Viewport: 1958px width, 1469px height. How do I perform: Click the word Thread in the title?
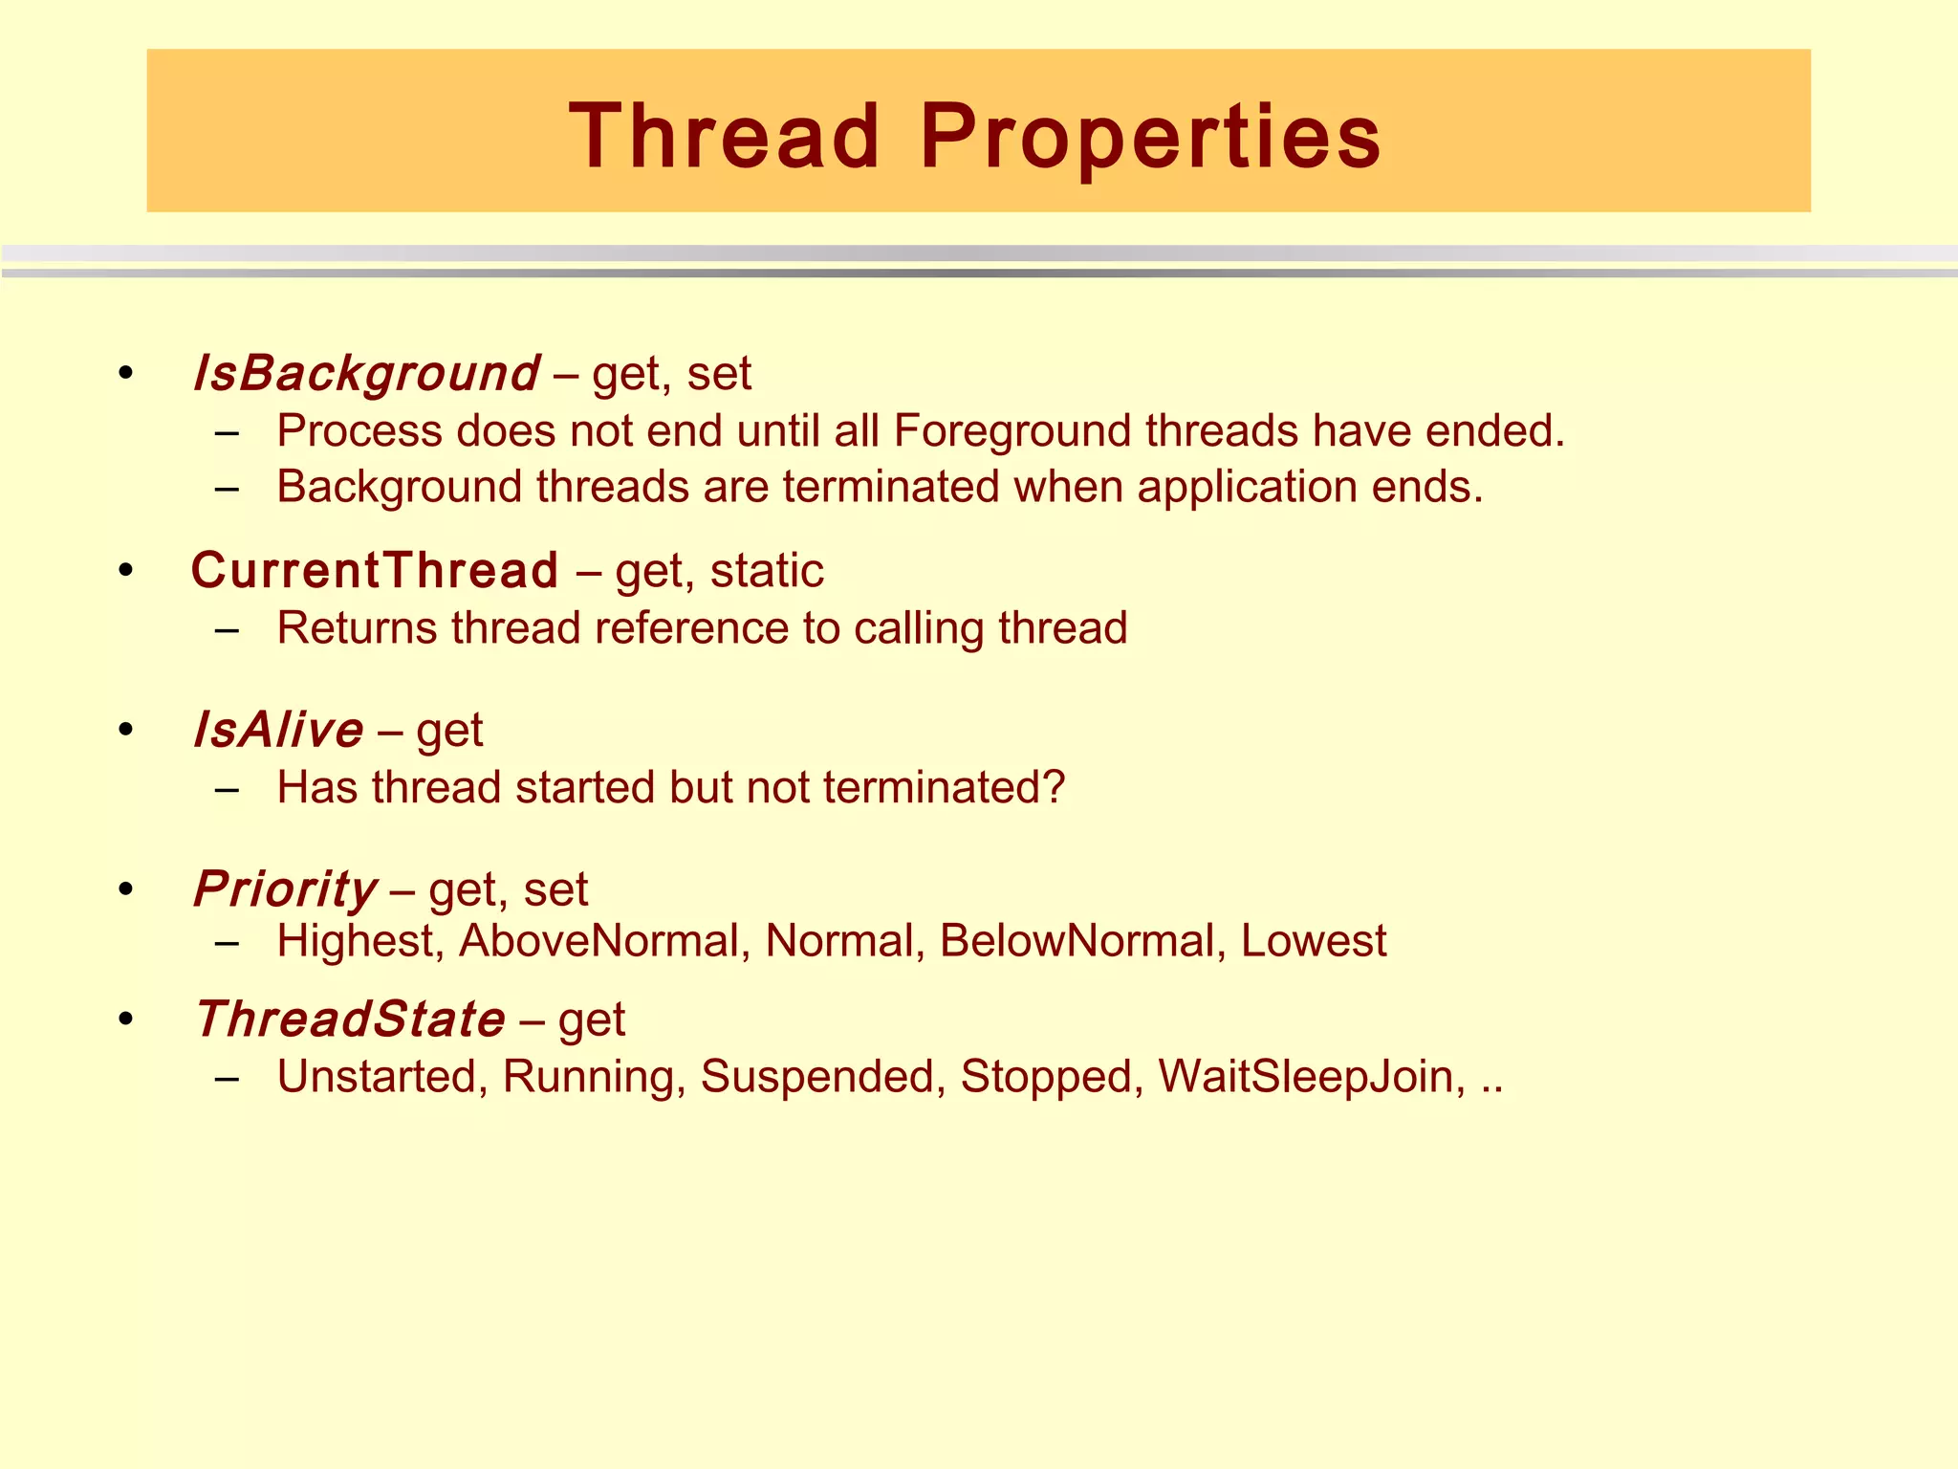724,137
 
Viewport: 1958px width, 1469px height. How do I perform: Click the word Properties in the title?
1150,137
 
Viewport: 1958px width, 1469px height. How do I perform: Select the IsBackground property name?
366,373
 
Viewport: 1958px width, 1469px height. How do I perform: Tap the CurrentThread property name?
375,571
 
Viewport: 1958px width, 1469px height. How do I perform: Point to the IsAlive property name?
278,731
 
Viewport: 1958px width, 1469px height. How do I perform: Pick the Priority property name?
286,889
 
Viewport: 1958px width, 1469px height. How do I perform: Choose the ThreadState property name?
350,1019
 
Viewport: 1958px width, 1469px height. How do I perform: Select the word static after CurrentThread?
767,571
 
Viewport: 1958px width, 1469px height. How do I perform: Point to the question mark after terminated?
1054,788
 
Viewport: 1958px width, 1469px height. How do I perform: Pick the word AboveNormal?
600,941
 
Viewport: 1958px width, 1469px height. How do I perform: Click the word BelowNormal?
1077,941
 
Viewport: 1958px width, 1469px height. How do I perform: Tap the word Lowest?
1313,941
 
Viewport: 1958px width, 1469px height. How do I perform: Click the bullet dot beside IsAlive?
125,731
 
